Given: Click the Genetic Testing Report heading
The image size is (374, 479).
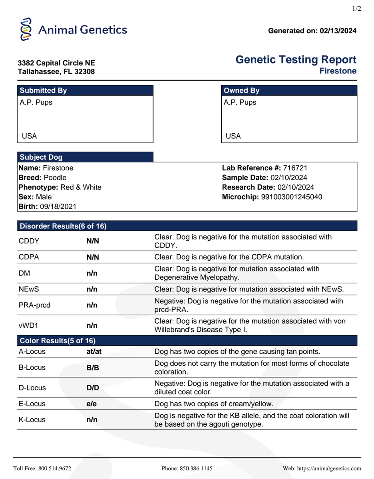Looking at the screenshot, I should coord(296,60).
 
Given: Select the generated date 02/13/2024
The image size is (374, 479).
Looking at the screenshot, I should coord(338,31).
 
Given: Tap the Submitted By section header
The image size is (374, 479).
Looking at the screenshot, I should coord(44,91).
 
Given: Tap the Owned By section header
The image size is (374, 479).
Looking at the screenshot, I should coord(242,91).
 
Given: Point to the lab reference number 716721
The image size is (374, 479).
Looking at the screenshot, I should coord(294,168).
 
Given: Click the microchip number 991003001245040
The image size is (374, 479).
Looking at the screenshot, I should coord(292,197).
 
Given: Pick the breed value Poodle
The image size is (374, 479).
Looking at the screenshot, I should coord(55,178).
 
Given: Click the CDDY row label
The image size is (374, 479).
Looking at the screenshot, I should coord(29,241).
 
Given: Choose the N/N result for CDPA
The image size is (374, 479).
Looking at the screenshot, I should coord(93,257).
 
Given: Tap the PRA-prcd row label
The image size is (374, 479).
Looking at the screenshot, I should coord(35,305).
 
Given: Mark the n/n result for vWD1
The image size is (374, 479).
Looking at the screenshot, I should coord(92,326).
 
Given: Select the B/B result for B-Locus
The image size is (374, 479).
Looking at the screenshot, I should coord(93,368).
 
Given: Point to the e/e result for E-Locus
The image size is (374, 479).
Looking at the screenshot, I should coord(92,404).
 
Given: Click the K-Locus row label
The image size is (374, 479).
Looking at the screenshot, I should coord(32,420).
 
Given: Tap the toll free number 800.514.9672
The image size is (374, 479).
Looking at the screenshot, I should coord(54,468).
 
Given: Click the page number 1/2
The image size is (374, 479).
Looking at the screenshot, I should coord(357,9).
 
